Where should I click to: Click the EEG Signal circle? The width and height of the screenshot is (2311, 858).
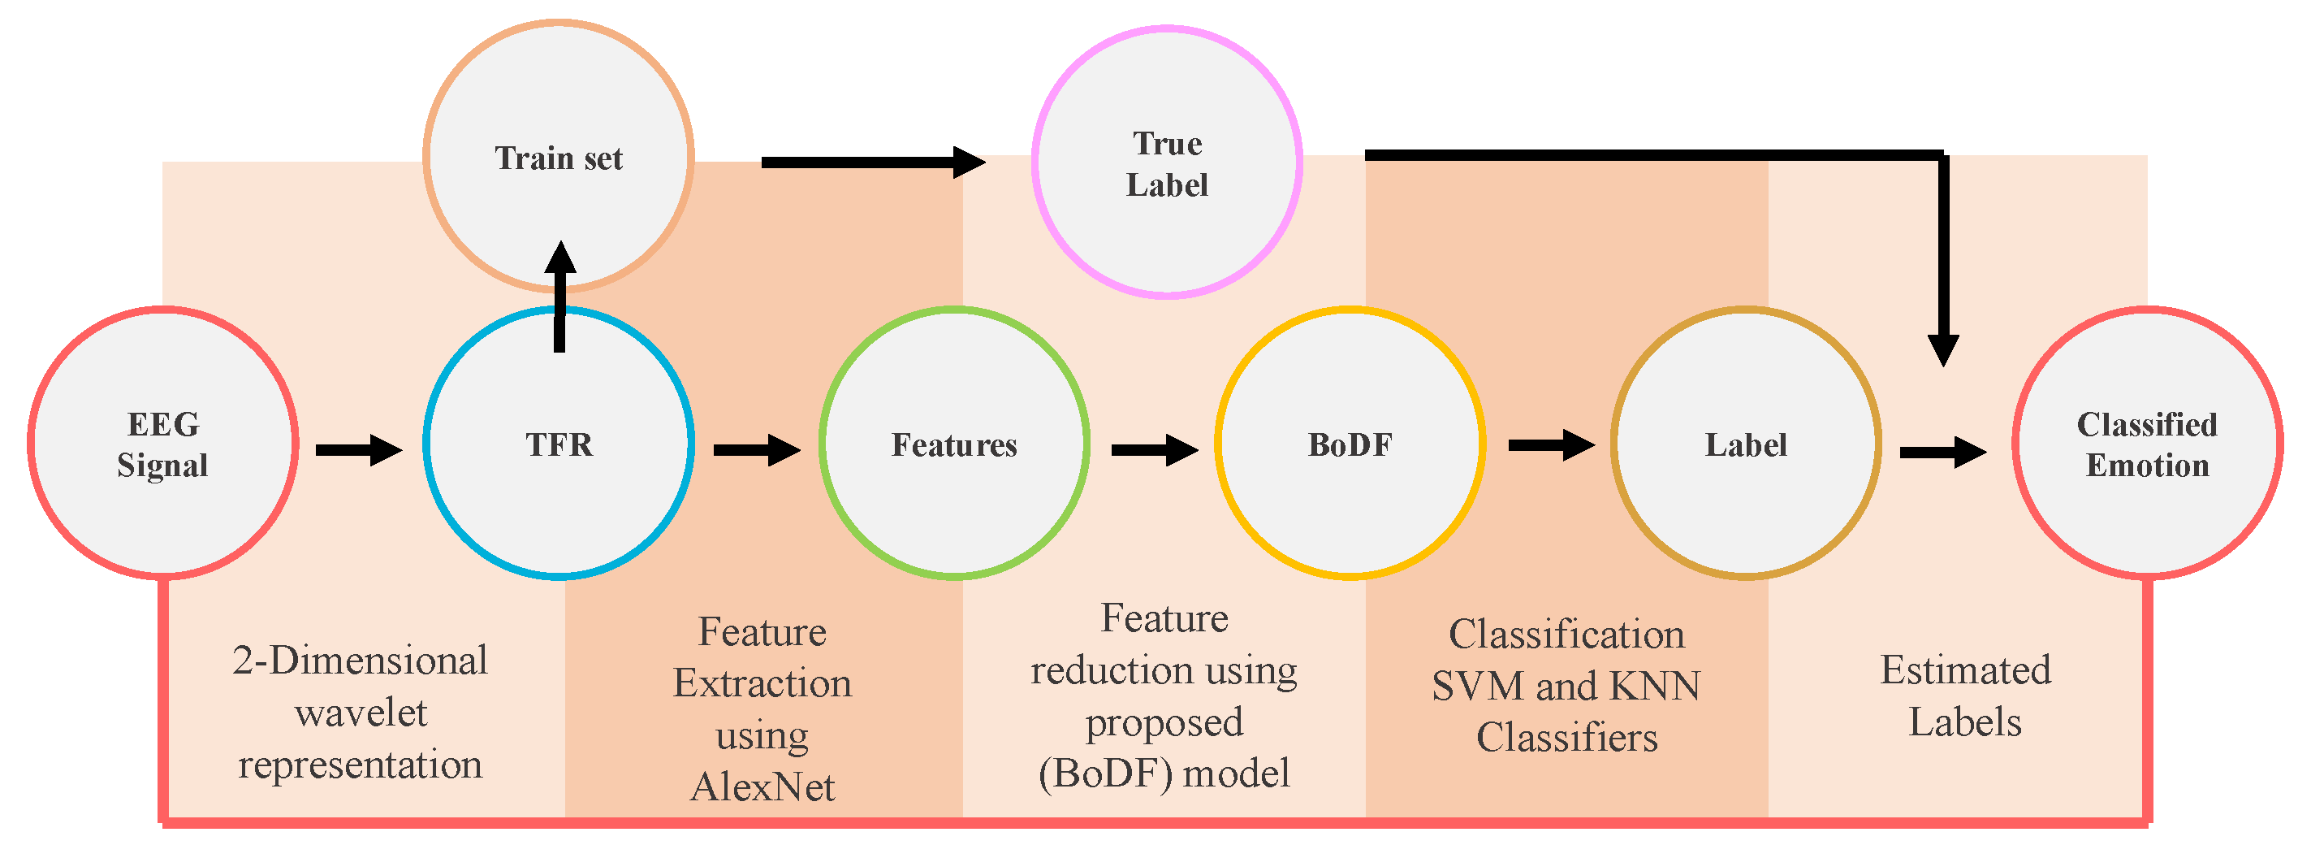162,443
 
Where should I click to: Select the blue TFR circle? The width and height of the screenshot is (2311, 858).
558,443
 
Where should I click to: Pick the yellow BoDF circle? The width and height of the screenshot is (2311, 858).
1350,443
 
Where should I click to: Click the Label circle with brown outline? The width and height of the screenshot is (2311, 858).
1745,443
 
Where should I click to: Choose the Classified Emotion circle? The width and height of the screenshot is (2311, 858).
2147,443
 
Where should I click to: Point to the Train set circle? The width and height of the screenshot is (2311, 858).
558,156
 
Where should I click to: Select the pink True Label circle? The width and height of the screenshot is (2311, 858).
1166,162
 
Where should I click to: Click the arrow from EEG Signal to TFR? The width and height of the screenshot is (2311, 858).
359,449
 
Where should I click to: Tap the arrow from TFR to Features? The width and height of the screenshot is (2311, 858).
756,449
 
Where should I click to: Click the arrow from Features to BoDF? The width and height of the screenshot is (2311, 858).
1154,449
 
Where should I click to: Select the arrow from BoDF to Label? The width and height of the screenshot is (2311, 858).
1551,444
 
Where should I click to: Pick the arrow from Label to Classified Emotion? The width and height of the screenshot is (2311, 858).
1942,453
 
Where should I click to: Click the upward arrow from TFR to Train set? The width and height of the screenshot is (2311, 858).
559,297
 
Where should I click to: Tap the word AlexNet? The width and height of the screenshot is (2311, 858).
762,787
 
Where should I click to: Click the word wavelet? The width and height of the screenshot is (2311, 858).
361,713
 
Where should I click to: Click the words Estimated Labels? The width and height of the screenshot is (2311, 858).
1965,695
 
